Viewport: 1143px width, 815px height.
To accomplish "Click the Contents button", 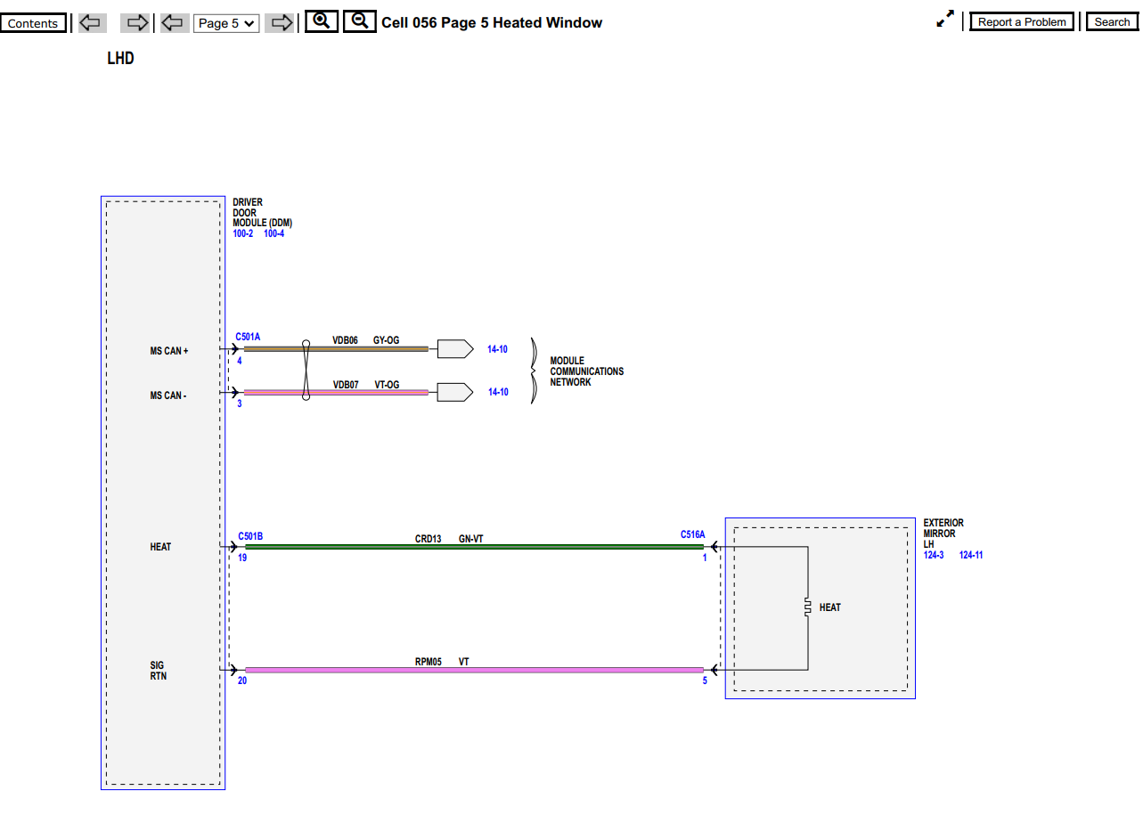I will click(x=33, y=23).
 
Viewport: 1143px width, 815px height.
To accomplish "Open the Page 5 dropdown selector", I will click(x=226, y=23).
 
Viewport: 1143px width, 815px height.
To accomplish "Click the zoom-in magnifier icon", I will click(x=322, y=21).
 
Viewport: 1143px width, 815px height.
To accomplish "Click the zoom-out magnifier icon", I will click(x=359, y=21).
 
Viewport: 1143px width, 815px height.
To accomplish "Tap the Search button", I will click(x=1112, y=22).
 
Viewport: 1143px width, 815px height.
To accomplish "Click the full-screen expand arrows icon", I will click(x=945, y=20).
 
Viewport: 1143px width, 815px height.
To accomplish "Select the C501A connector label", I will click(x=248, y=338).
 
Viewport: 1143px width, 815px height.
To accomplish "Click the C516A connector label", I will click(x=692, y=535).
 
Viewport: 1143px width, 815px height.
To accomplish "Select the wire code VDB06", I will click(x=345, y=340).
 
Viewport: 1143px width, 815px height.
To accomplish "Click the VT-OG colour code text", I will click(x=387, y=385).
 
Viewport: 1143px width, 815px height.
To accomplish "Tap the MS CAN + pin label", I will click(x=168, y=351).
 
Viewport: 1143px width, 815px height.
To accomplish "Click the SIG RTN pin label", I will click(x=158, y=671).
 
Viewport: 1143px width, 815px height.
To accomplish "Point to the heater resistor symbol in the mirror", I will click(x=807, y=607).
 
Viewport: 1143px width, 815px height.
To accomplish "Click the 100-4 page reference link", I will click(x=274, y=233).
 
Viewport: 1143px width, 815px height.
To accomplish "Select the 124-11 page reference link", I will click(x=970, y=555).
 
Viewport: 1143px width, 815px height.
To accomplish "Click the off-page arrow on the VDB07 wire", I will click(x=454, y=392).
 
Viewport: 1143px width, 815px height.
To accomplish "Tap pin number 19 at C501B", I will click(x=242, y=558).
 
